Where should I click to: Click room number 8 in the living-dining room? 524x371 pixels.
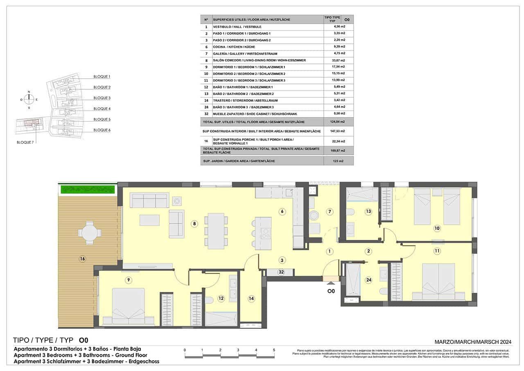pos(194,224)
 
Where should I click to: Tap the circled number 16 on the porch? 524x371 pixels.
pos(82,259)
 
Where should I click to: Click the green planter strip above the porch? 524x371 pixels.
pos(87,189)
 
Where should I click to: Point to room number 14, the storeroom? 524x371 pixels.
pos(251,299)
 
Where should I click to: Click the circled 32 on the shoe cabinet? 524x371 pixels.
pos(281,272)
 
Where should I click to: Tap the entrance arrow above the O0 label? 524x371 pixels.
pos(331,282)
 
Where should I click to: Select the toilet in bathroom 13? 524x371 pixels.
pos(350,212)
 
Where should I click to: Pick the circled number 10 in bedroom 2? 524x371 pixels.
pos(437,228)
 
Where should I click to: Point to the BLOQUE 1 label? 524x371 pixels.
pos(102,77)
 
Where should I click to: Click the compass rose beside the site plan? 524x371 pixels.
pos(29,100)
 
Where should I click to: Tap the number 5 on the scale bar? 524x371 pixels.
pos(274,350)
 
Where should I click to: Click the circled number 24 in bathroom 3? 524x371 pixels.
pos(369,281)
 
